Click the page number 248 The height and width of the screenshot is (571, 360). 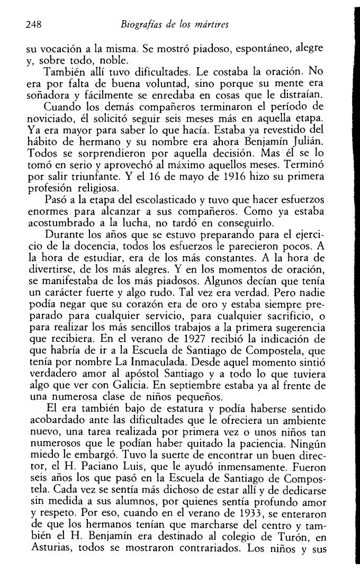click(34, 24)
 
